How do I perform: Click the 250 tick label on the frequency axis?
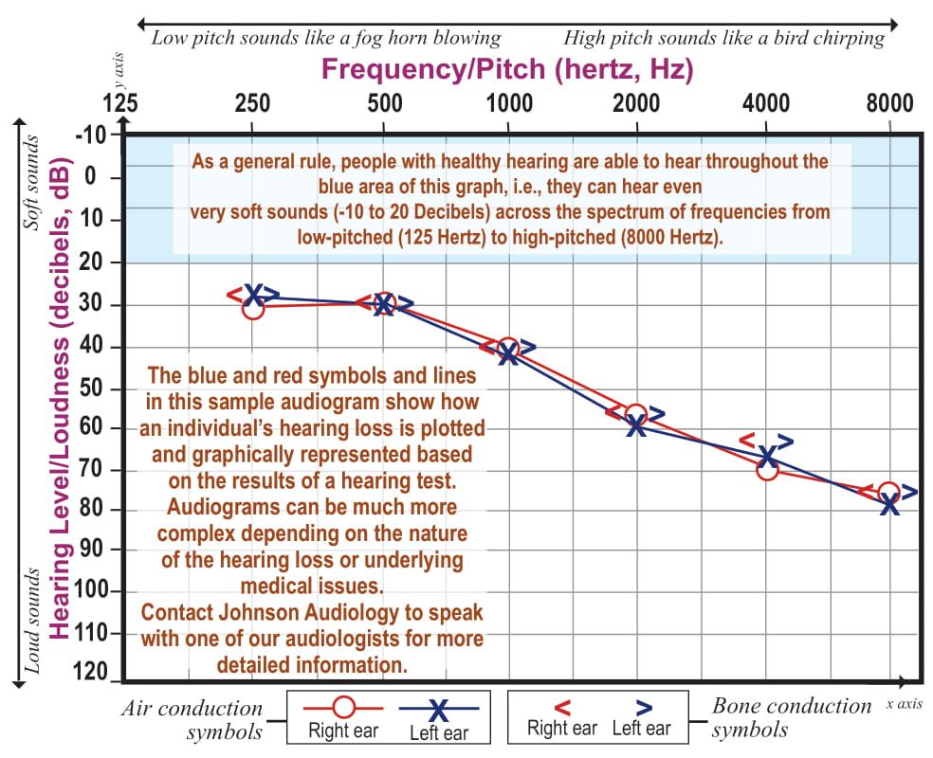tap(251, 103)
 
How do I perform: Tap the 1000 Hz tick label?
tap(509, 103)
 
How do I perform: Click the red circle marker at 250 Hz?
tap(252, 308)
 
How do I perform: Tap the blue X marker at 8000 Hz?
tap(889, 504)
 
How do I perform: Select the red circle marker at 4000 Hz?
tap(767, 468)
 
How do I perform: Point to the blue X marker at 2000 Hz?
tap(636, 426)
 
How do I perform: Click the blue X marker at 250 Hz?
tap(253, 294)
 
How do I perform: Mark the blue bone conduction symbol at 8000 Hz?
tap(909, 493)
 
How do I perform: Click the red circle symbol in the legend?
tap(344, 707)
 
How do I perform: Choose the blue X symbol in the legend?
tap(438, 710)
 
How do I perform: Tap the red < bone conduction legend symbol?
tap(561, 707)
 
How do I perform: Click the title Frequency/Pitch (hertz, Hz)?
tap(507, 69)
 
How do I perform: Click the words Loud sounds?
tap(30, 622)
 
